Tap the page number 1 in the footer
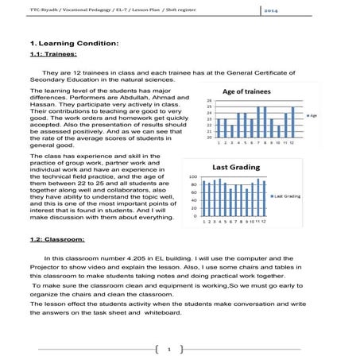point(180,348)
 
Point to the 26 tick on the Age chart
point(208,100)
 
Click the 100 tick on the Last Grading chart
point(193,177)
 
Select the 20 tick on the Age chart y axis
point(208,137)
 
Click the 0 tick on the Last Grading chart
point(195,215)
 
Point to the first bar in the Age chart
point(219,128)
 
